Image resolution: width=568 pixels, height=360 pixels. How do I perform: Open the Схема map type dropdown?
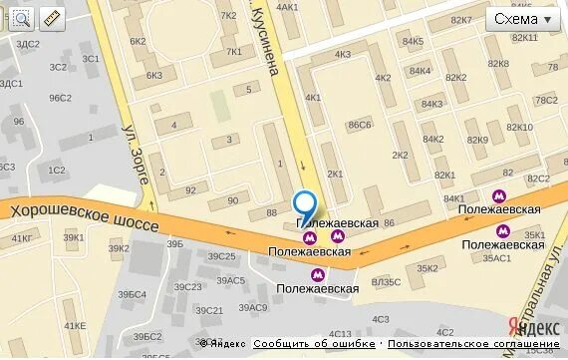[523, 19]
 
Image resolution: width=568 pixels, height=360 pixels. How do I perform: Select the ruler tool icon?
[51, 18]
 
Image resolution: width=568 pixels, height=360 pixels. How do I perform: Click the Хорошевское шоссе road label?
[85, 218]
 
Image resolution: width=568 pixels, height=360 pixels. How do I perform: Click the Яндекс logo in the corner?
[530, 327]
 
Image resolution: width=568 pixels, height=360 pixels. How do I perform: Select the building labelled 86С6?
[359, 125]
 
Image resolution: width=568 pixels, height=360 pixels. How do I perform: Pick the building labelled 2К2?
[400, 155]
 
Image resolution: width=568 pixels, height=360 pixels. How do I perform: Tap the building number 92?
[190, 188]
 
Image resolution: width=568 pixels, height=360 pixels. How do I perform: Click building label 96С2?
[61, 98]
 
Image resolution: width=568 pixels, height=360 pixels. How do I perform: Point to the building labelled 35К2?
[427, 267]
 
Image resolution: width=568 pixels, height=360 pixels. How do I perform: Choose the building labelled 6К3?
[154, 75]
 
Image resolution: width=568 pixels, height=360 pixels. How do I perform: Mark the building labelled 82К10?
[520, 127]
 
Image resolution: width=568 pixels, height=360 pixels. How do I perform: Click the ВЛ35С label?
[387, 282]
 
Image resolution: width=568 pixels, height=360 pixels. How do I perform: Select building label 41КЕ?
[75, 326]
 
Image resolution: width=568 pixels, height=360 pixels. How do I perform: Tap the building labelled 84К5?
[413, 42]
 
